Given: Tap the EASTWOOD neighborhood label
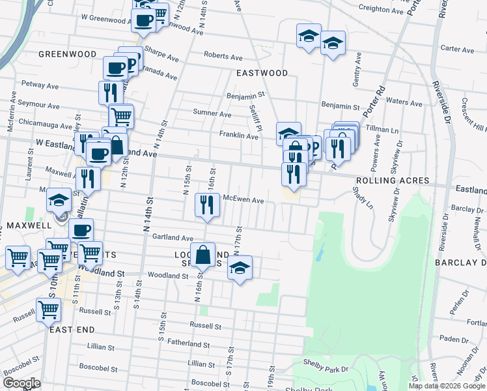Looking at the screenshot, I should pos(262,73).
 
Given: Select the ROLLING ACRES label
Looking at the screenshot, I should pos(392,181).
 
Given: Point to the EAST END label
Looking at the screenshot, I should pos(72,330).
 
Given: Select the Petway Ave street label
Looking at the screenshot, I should pos(40,85).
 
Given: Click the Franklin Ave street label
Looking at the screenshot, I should pos(238,136).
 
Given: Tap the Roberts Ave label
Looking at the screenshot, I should pos(219,56).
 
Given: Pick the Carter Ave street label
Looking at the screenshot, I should pos(457,49).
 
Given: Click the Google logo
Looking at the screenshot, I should pos(21,383).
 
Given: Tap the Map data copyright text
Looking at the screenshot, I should pos(447,386).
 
